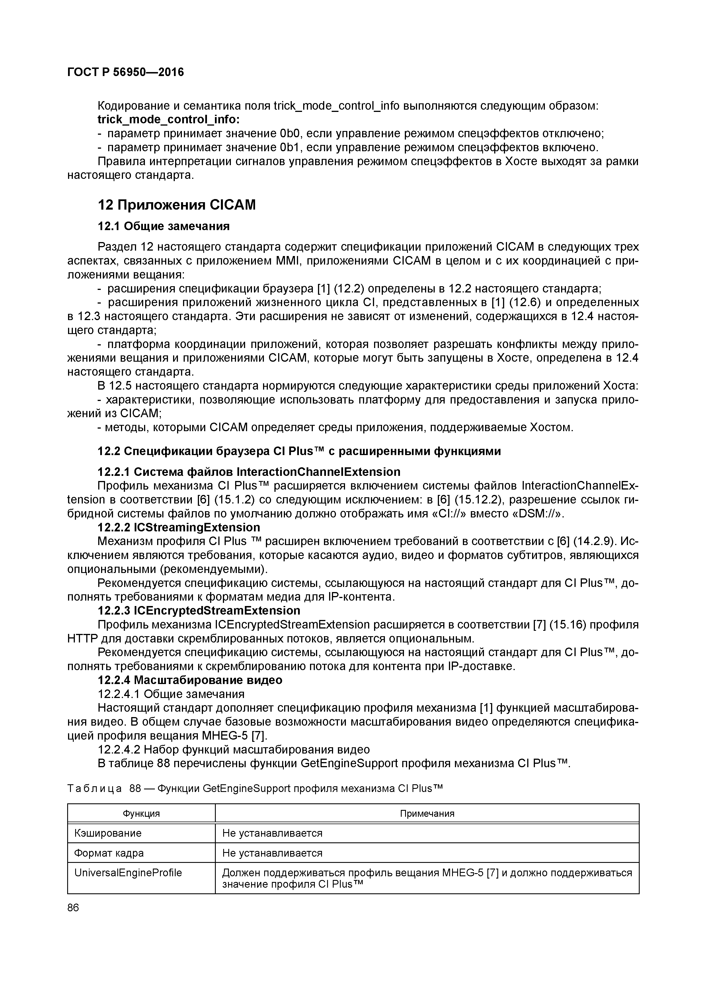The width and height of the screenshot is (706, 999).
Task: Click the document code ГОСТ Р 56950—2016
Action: (126, 72)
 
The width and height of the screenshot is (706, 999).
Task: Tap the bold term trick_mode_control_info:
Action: (169, 119)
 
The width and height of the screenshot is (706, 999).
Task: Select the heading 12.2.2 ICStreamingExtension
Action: (179, 527)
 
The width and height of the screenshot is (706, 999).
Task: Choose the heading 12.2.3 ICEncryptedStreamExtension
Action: (199, 611)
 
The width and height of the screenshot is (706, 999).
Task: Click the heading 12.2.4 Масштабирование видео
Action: (190, 680)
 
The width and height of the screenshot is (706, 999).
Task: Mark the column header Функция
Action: (141, 814)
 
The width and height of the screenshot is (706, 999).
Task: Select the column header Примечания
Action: (427, 814)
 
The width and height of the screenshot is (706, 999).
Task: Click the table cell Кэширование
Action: (108, 833)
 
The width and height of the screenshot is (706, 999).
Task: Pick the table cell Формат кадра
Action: (109, 853)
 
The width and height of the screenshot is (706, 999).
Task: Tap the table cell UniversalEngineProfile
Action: (128, 873)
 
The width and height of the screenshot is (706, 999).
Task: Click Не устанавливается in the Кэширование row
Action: (272, 833)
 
